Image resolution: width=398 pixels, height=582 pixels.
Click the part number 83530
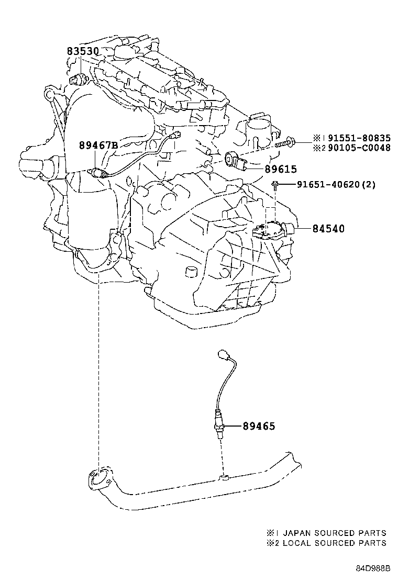coord(82,51)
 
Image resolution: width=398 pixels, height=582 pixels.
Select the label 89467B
coord(98,145)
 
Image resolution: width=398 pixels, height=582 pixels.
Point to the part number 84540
coord(328,229)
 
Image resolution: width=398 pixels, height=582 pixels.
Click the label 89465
coord(258,426)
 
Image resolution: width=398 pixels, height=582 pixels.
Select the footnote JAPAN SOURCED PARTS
coord(334,533)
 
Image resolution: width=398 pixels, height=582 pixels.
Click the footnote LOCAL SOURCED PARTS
coord(334,543)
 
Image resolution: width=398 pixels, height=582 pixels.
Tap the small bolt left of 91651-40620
coord(275,184)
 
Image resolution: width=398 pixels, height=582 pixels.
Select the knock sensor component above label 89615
coord(234,160)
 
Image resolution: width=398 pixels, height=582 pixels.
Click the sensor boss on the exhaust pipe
coord(224,477)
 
